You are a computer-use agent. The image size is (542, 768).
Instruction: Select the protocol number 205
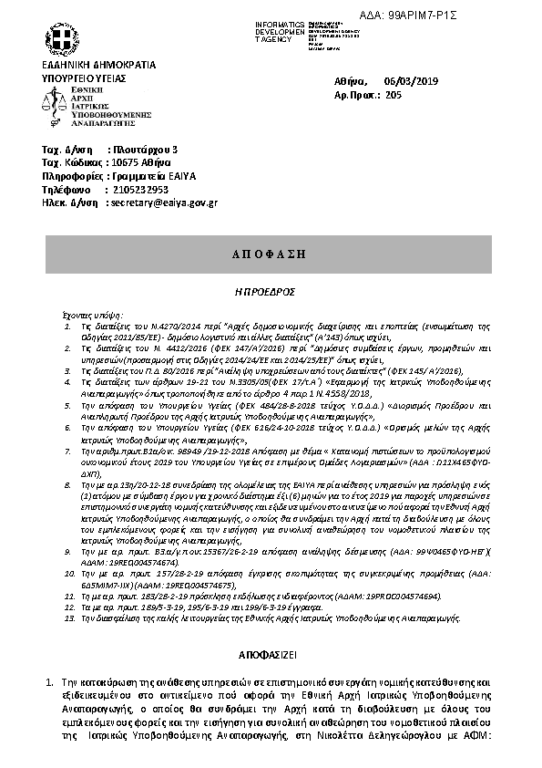394,95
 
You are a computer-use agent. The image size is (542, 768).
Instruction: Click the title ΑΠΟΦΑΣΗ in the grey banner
270,252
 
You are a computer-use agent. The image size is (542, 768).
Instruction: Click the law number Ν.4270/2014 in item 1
149,325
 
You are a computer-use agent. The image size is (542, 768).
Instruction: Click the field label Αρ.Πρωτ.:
356,95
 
